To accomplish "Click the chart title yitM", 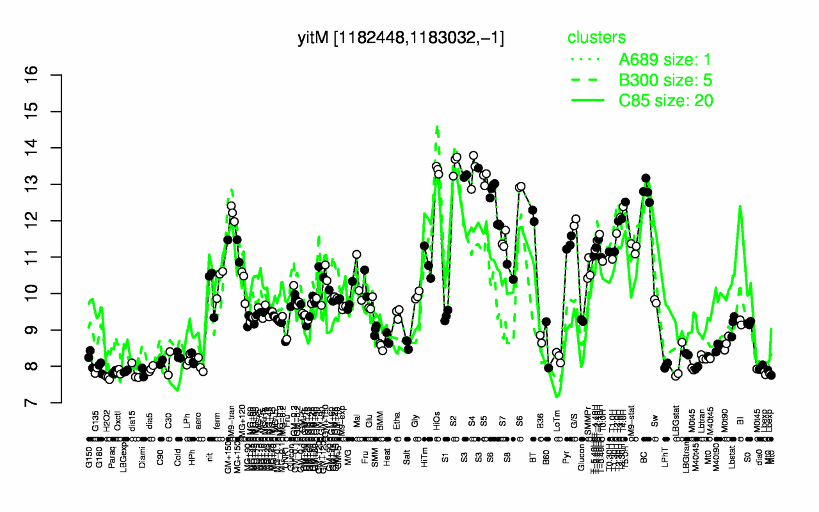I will [401, 38].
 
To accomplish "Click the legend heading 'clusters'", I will [597, 38].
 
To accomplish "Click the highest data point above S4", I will [473, 156].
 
